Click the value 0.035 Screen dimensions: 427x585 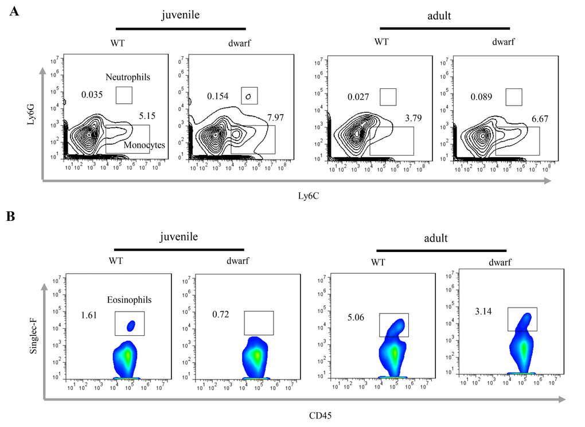[92, 95]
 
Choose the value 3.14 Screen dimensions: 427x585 [485, 312]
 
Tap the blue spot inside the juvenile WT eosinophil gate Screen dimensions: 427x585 [131, 327]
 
